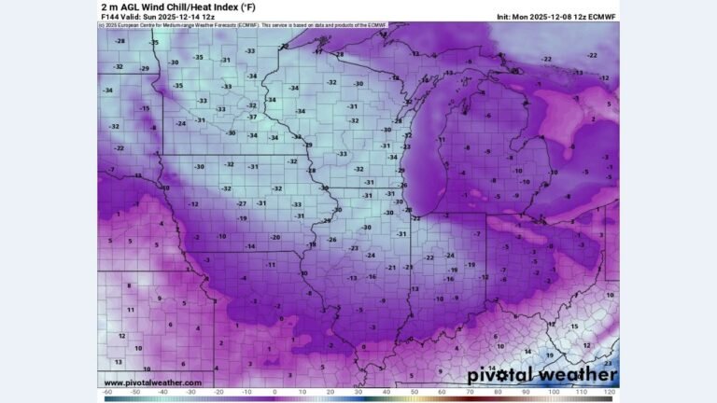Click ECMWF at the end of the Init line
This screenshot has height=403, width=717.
[601, 17]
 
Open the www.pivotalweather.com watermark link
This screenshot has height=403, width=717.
[152, 382]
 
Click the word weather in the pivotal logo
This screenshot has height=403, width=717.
[574, 375]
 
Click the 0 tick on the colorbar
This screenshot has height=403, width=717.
[274, 394]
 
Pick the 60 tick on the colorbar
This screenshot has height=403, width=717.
[443, 394]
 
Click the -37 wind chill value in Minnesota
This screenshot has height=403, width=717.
[251, 118]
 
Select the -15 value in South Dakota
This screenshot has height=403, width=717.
[145, 108]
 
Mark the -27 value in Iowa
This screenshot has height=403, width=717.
[242, 203]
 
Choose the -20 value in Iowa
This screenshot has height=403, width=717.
[275, 237]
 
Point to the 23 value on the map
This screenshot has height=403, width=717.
[608, 364]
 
